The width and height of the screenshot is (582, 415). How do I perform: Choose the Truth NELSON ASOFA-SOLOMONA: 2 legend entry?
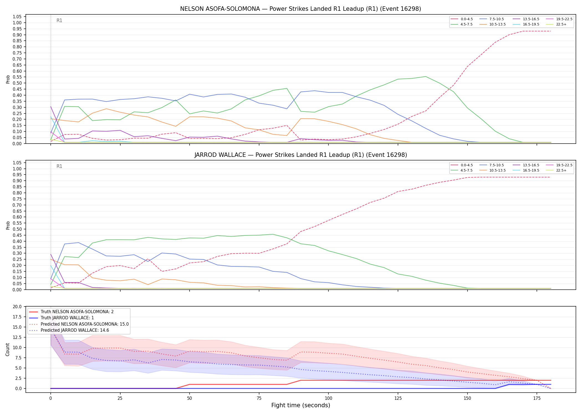[71, 312]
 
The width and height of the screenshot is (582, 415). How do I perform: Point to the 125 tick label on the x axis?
[398, 399]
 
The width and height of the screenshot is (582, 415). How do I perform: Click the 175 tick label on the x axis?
[537, 399]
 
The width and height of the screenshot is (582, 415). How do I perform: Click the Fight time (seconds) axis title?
[301, 406]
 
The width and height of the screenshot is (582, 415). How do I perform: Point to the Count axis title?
[7, 349]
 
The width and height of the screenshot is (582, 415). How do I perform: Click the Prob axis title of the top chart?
[8, 79]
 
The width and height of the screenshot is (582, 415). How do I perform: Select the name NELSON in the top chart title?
[191, 9]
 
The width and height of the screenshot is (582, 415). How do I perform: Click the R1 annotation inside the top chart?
[59, 20]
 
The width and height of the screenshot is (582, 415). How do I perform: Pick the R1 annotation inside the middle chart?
[59, 166]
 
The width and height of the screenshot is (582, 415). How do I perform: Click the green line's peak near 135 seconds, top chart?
[426, 77]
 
